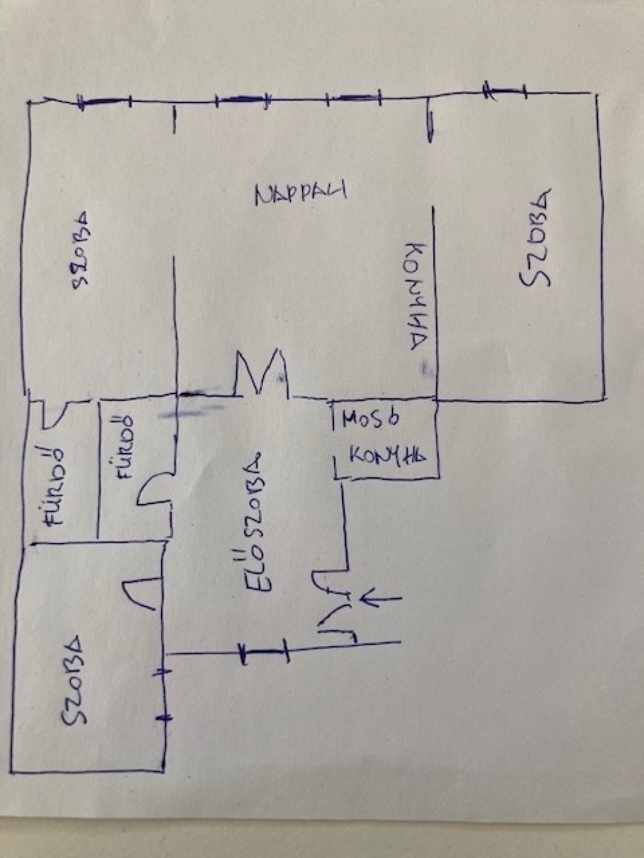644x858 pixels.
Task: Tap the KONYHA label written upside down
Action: click(415, 295)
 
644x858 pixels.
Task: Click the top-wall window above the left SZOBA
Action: click(105, 101)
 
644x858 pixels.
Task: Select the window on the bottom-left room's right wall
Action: click(164, 695)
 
